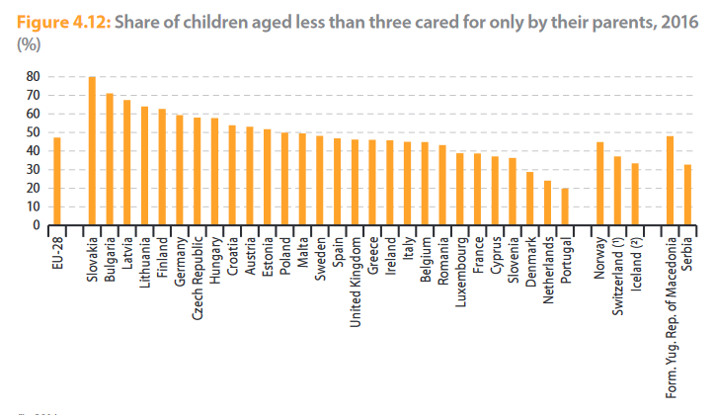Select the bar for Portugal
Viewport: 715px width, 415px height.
[565, 207]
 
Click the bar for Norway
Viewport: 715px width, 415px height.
[599, 184]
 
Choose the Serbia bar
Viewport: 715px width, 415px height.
[686, 195]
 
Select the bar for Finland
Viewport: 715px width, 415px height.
[161, 167]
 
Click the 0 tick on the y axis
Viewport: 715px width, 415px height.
[36, 225]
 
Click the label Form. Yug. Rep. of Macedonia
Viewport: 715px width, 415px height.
[671, 316]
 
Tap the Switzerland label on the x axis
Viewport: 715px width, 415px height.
[616, 269]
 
